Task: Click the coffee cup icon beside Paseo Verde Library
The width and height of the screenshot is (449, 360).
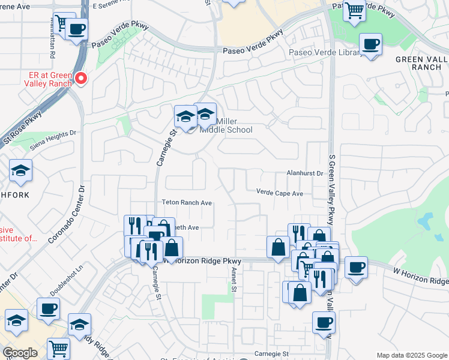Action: pos(370,44)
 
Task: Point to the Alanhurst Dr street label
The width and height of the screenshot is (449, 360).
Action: pos(304,173)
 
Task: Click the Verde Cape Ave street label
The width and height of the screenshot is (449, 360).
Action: pos(280,193)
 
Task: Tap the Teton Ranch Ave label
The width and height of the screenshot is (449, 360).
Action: pos(187,203)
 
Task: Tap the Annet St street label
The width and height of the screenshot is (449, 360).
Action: pos(233,280)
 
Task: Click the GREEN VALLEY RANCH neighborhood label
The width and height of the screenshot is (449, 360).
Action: pos(422,64)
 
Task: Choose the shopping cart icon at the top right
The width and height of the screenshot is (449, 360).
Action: pos(355,10)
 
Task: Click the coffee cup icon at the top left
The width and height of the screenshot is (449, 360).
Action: pos(76,29)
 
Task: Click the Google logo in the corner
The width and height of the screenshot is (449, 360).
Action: pos(20,353)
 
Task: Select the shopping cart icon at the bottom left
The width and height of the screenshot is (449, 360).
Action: pos(58,347)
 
